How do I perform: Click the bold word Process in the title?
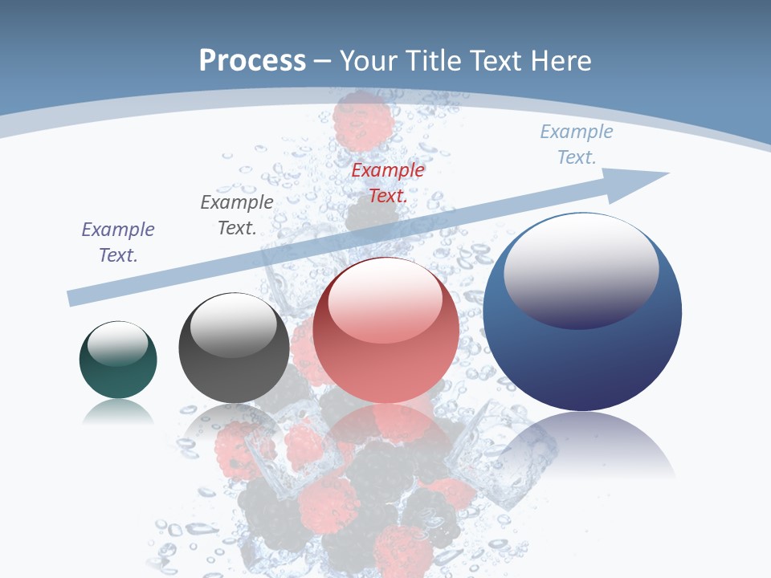252,61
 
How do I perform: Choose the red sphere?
385,361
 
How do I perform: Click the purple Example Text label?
118,242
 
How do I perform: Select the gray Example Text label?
237,215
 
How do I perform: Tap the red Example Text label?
388,182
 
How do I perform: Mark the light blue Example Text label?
577,144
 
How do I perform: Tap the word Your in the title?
369,61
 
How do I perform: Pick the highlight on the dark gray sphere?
233,325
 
